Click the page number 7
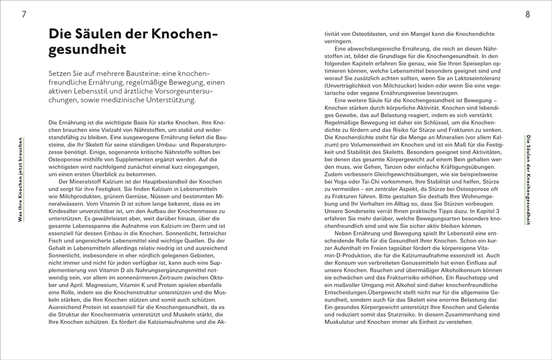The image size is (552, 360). (24, 15)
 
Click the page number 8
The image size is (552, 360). (528, 15)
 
